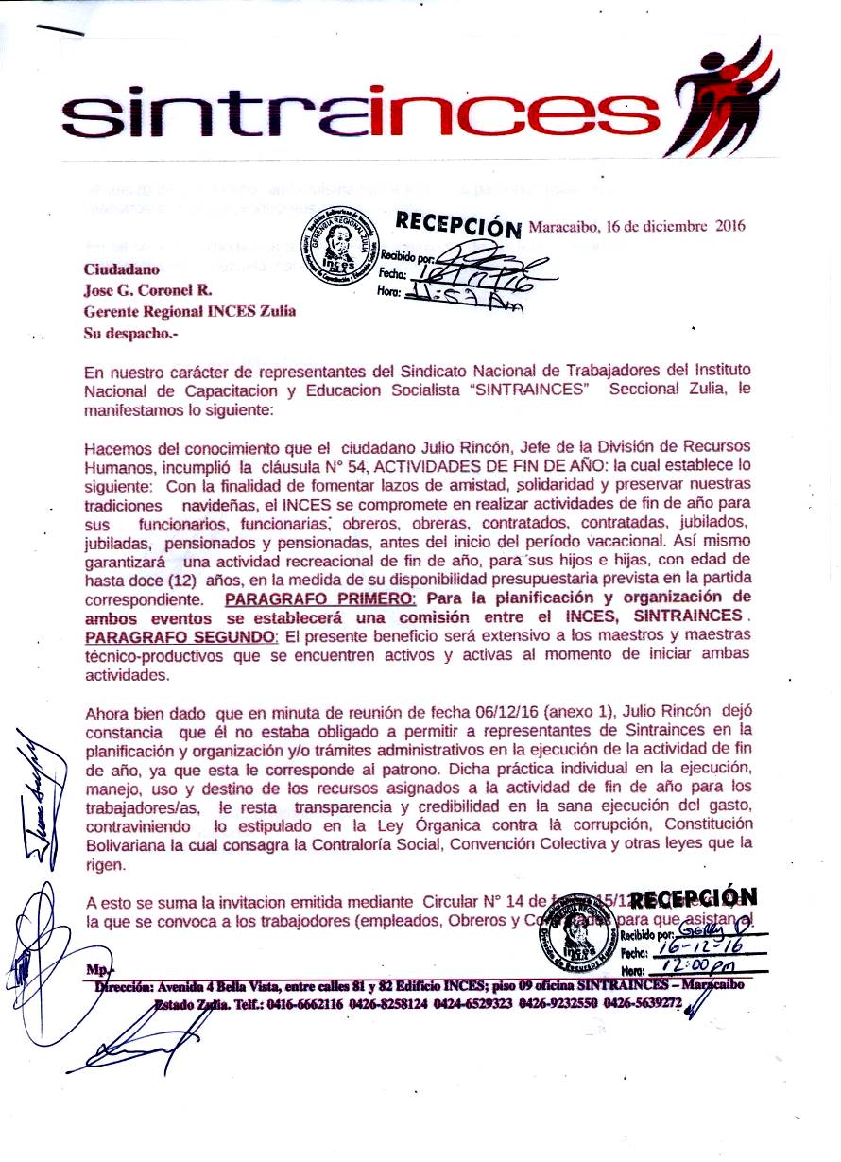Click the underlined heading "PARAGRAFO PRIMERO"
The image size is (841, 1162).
pos(320,599)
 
